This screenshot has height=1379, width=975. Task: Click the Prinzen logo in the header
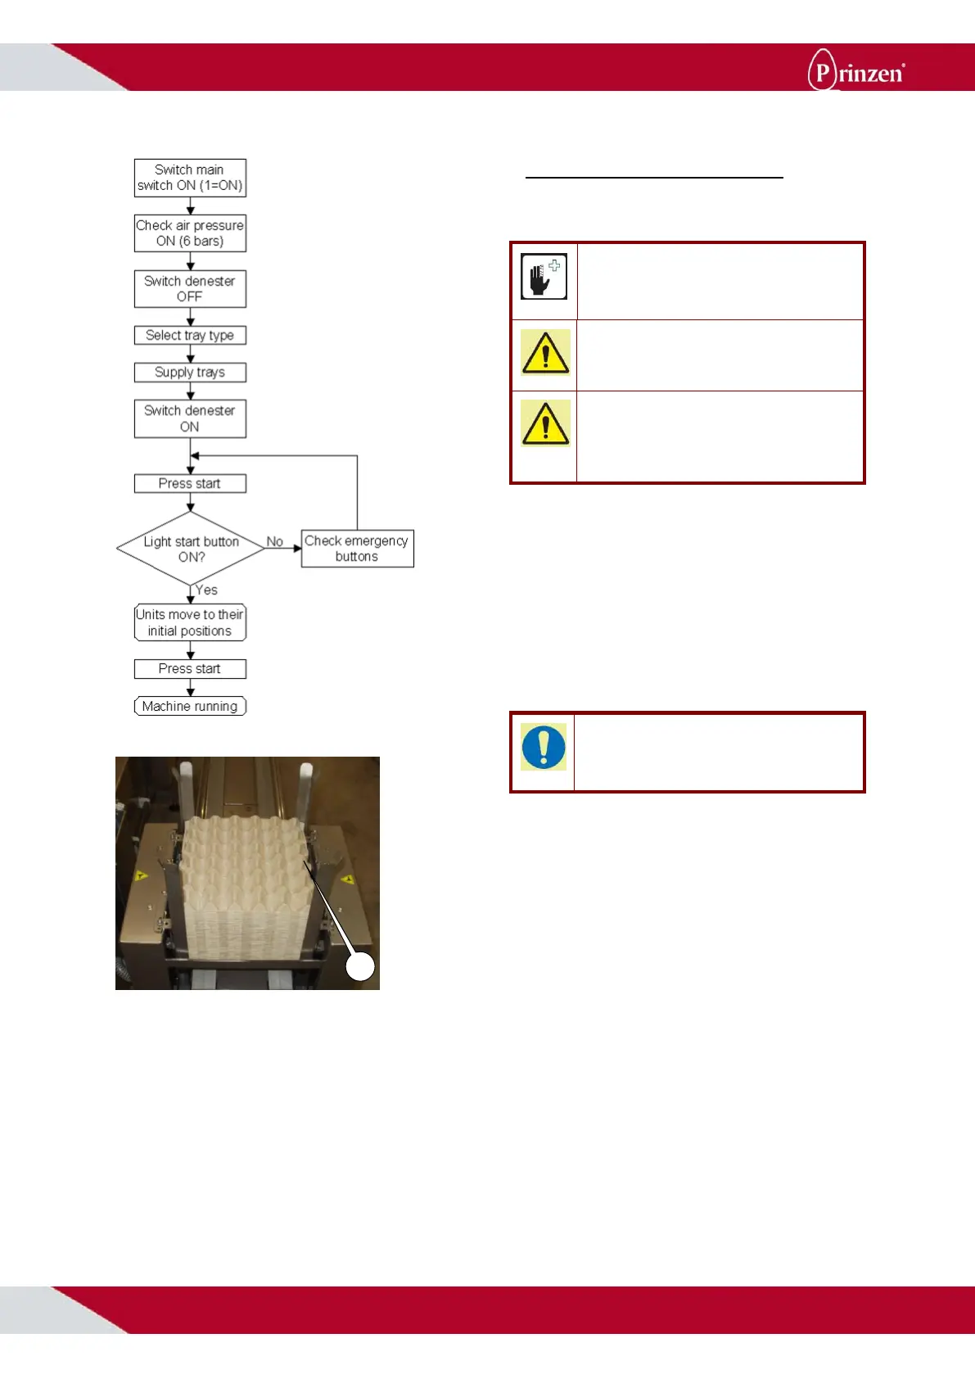[855, 70]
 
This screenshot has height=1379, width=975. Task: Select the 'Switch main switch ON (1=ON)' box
[190, 178]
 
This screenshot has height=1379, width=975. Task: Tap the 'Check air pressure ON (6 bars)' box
[190, 233]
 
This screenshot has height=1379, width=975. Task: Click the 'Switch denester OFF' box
[190, 289]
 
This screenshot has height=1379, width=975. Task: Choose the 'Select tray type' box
[190, 336]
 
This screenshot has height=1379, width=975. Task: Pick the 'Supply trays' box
[190, 373]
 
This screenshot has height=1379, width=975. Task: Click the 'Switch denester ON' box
[190, 418]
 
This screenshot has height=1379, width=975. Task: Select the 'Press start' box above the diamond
[190, 484]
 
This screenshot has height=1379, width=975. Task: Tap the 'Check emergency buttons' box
[357, 549]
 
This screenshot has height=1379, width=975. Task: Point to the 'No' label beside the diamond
[275, 542]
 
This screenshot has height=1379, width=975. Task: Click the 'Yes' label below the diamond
[206, 590]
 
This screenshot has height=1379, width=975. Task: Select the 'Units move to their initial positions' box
[190, 623]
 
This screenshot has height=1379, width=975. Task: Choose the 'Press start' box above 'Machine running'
[190, 669]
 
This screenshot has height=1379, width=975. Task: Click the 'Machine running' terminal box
[190, 707]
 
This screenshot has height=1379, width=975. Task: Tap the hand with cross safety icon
[544, 277]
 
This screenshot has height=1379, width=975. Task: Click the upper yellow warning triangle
[545, 353]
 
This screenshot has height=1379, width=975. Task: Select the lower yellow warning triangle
[545, 423]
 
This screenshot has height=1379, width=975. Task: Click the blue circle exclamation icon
[544, 747]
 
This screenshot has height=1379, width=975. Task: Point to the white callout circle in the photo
[360, 966]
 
